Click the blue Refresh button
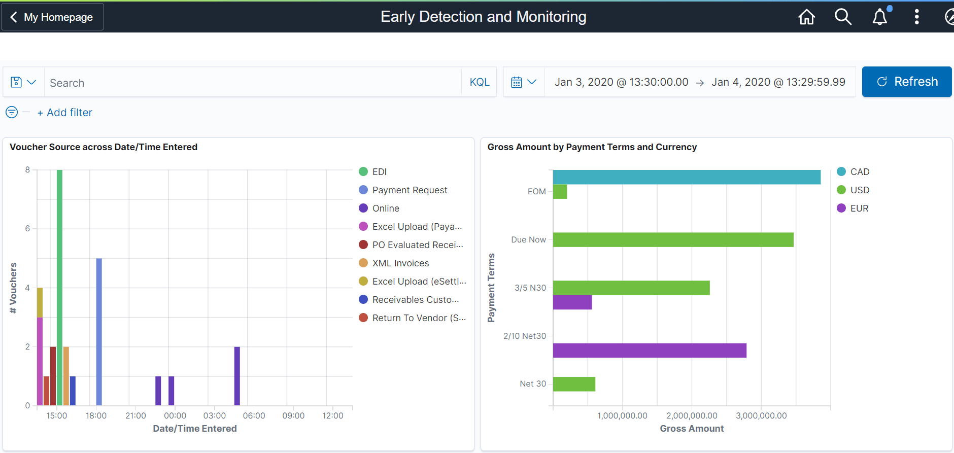pyautogui.click(x=906, y=82)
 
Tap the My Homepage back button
pyautogui.click(x=52, y=17)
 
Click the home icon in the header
pyautogui.click(x=806, y=17)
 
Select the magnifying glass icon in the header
pyautogui.click(x=843, y=17)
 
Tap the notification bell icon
pyautogui.click(x=880, y=17)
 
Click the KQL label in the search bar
pyautogui.click(x=479, y=82)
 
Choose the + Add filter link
pyautogui.click(x=65, y=113)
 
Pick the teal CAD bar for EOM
pyautogui.click(x=686, y=177)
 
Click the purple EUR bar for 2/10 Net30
pyautogui.click(x=649, y=351)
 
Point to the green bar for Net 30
pyautogui.click(x=574, y=384)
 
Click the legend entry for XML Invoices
pyautogui.click(x=400, y=263)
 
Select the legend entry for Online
pyautogui.click(x=385, y=208)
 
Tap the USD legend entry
pyautogui.click(x=859, y=190)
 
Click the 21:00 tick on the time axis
pyautogui.click(x=135, y=415)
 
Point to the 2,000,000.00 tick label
pyautogui.click(x=692, y=415)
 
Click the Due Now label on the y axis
pyautogui.click(x=528, y=239)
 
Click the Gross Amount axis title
pyautogui.click(x=691, y=429)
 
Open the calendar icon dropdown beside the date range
pyautogui.click(x=524, y=82)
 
